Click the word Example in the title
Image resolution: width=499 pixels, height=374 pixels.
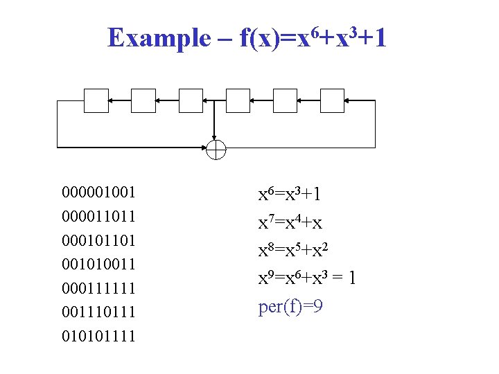(158, 38)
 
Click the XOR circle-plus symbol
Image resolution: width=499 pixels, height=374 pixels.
(216, 149)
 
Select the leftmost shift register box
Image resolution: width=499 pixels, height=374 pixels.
(96, 101)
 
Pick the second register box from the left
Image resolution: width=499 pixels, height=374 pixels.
(143, 101)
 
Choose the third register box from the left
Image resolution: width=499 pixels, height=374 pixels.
(191, 101)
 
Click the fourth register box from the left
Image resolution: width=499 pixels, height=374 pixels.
(238, 101)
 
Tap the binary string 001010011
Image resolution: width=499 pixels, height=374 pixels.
(98, 264)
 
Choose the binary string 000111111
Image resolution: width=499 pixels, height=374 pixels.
(98, 288)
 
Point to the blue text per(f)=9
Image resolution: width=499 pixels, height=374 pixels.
(290, 306)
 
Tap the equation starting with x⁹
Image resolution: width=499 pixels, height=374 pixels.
(307, 278)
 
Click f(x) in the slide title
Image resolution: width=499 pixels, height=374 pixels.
(258, 39)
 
